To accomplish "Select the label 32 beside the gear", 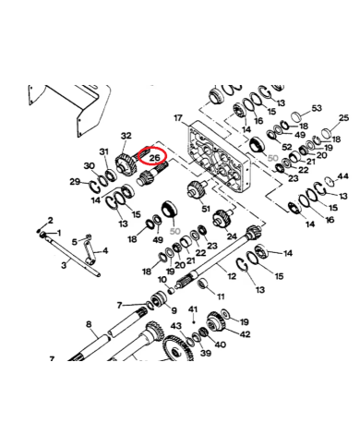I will click(x=126, y=136).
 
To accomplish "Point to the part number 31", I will click(x=104, y=151).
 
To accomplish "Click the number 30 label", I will click(x=89, y=166).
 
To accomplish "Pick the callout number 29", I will click(x=75, y=181).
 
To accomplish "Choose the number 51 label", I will click(x=205, y=211).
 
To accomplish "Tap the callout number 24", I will click(x=232, y=236).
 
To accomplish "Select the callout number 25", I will click(x=345, y=118).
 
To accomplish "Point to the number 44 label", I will click(x=343, y=175).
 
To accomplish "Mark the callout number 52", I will click(x=287, y=148).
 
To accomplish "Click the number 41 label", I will click(x=193, y=308).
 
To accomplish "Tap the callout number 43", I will click(x=175, y=327).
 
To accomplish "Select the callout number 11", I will click(x=220, y=296).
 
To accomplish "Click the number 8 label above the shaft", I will click(x=89, y=323).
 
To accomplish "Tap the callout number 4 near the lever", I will click(x=104, y=251).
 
